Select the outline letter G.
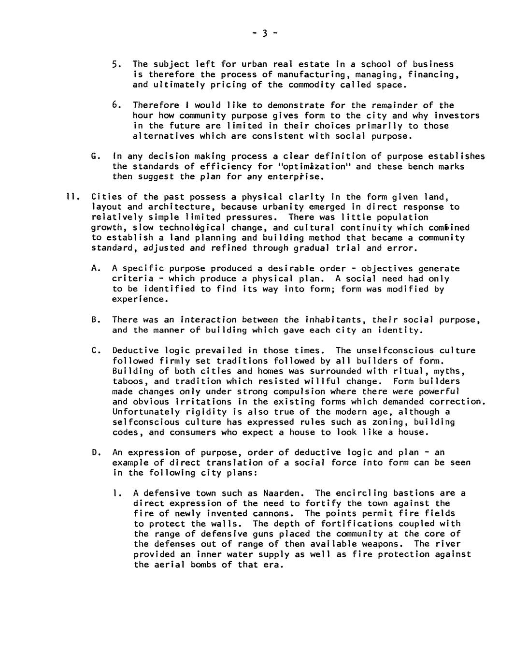tap(94, 156)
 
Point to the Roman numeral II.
tap(70, 197)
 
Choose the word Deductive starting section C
tap(136, 350)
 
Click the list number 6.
tap(116, 105)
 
